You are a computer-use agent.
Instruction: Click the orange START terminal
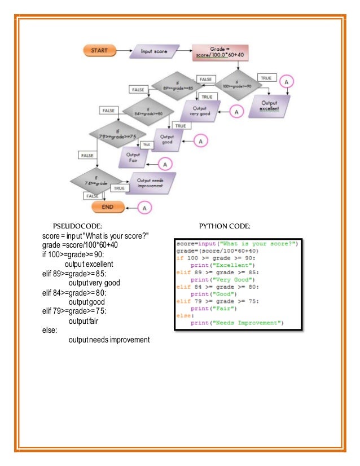100,50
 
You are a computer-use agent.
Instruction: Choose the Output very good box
200,111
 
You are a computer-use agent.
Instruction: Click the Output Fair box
133,157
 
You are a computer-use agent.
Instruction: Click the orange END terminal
108,207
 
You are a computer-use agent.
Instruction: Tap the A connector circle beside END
144,208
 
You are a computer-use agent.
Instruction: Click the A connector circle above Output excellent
286,82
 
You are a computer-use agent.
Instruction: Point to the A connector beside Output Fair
165,164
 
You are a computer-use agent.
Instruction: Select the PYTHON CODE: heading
225,226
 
